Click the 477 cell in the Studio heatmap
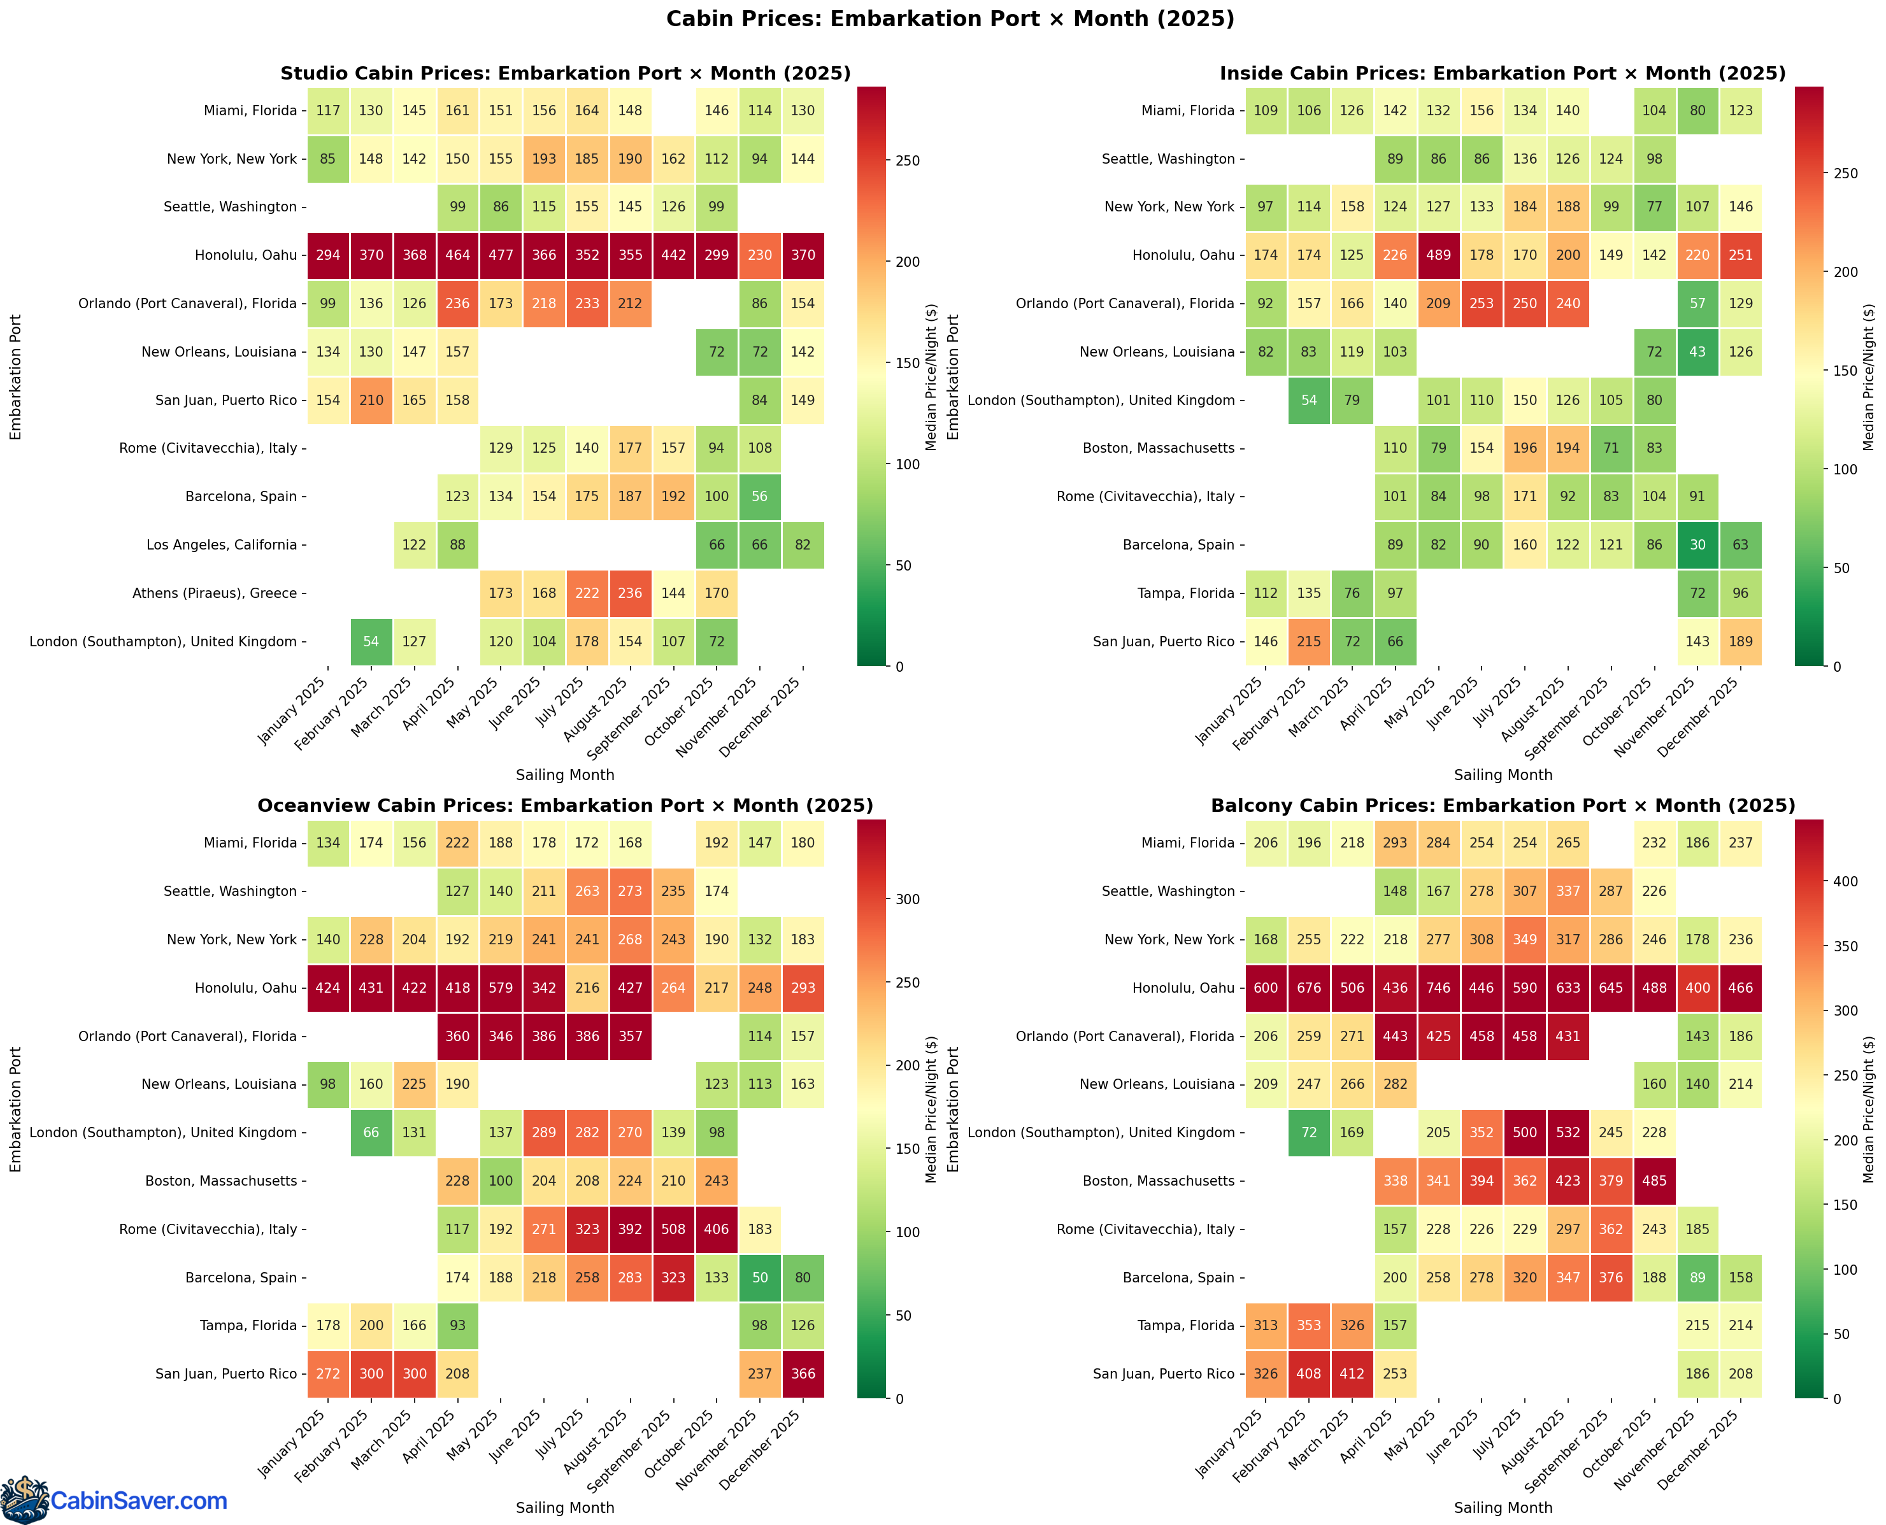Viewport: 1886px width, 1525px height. point(500,255)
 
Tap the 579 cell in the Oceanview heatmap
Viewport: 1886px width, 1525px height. point(500,988)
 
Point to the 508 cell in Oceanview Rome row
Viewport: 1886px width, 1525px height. point(673,1229)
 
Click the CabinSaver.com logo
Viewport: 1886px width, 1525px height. point(114,1500)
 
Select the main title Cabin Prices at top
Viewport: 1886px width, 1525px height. point(949,18)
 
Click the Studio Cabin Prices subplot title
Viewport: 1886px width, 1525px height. point(565,74)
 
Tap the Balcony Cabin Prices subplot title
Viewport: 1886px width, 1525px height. point(1503,805)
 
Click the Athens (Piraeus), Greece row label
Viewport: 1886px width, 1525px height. point(215,593)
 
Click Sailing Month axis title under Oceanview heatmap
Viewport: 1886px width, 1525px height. point(565,1507)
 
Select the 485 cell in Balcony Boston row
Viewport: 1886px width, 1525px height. point(1654,1181)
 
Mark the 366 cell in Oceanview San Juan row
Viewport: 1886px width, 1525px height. point(803,1374)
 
